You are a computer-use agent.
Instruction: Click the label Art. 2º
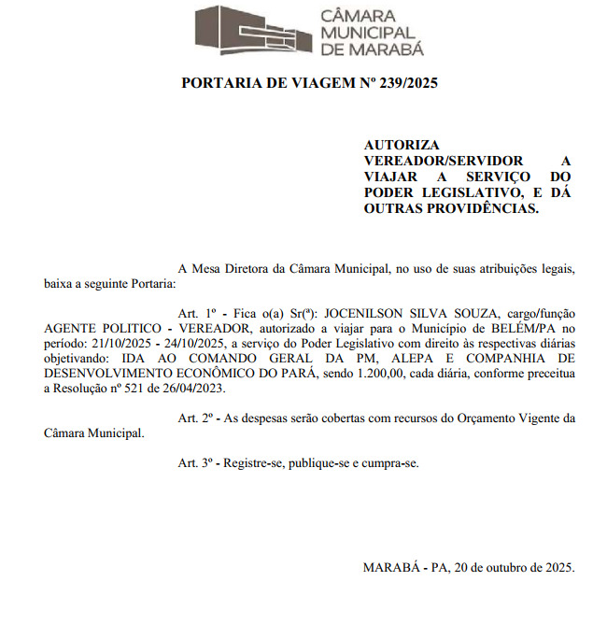point(196,418)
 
